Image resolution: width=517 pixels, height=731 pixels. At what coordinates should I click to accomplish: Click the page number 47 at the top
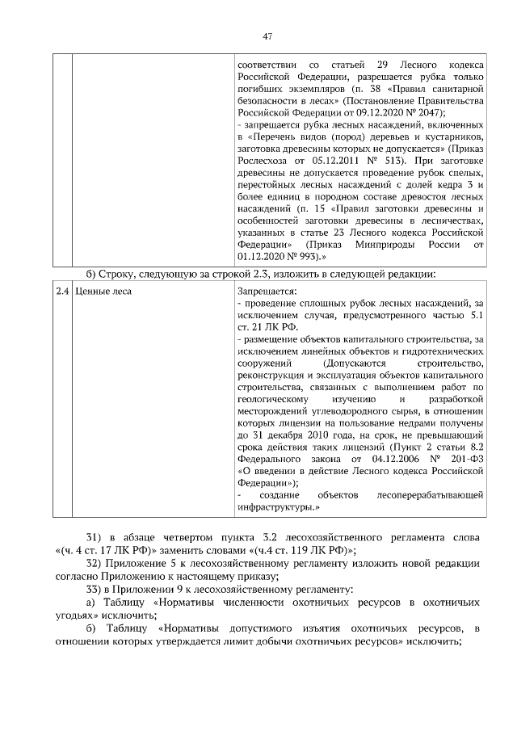267,36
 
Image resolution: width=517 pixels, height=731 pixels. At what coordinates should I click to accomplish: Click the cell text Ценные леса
103,289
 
